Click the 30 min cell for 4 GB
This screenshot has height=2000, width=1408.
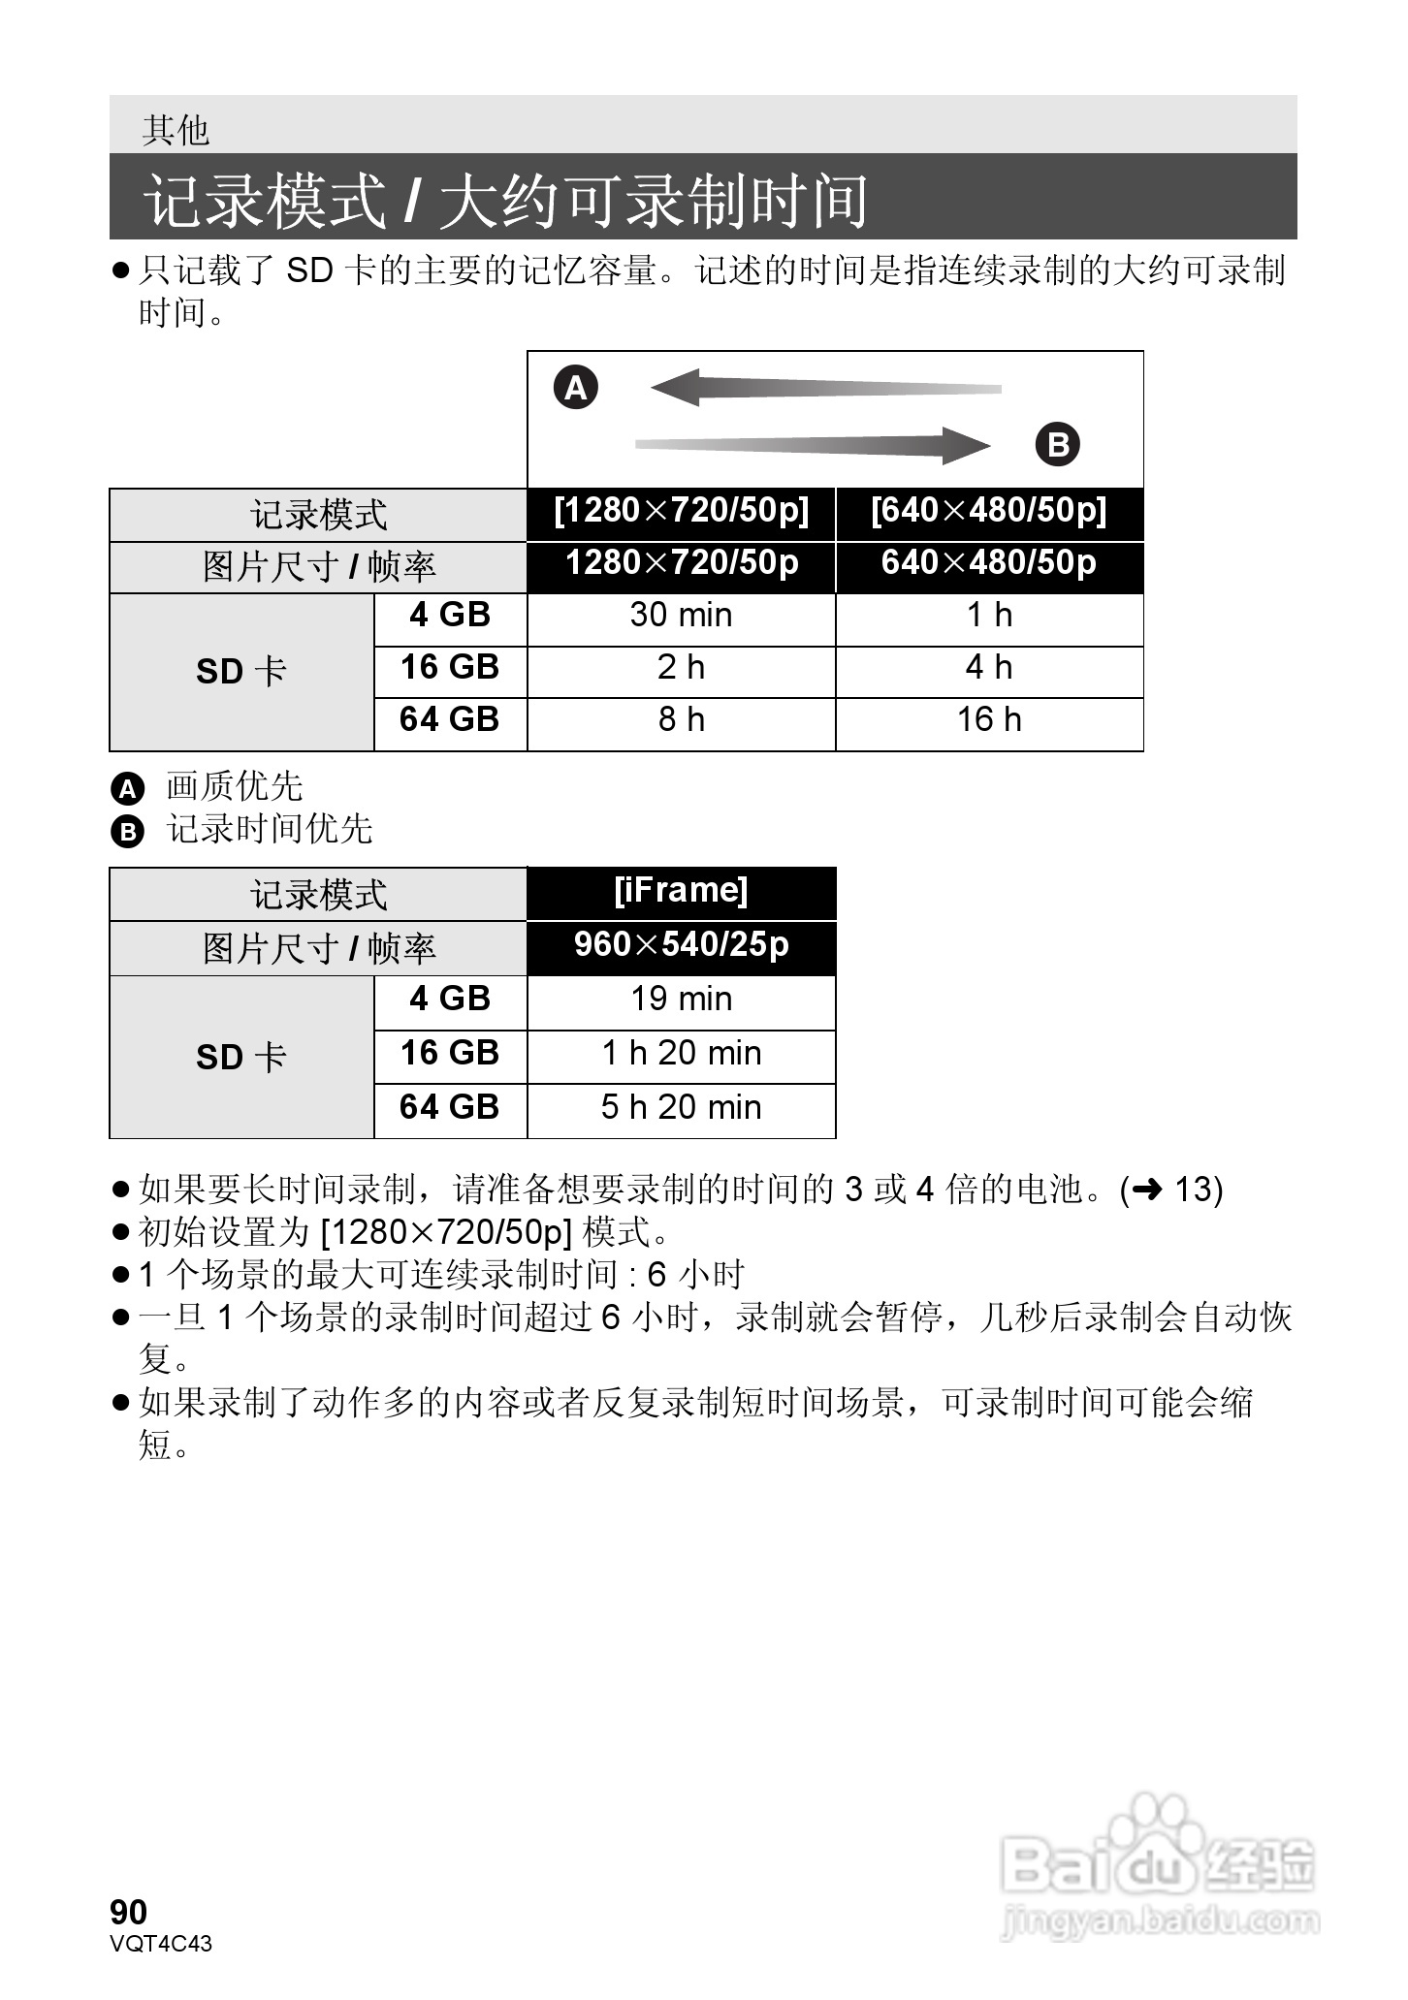pos(681,616)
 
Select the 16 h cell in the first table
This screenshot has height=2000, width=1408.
pos(989,720)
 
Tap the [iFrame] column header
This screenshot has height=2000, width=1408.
pos(681,891)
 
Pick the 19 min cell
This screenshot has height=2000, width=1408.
pos(681,1000)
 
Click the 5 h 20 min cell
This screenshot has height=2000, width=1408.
pos(681,1108)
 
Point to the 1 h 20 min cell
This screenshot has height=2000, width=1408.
pos(681,1054)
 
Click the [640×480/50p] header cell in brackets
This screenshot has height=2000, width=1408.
pos(989,512)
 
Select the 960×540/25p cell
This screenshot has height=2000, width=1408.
pos(681,945)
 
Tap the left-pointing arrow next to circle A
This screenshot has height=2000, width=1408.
pos(824,388)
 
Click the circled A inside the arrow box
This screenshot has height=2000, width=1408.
pos(576,388)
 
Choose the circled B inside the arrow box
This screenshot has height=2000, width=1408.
pos(1057,445)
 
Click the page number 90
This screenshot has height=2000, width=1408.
pos(129,1913)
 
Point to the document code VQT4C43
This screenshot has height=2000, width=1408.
pos(161,1944)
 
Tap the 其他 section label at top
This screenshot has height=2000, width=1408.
pos(176,130)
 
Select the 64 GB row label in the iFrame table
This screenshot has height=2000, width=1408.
pos(450,1108)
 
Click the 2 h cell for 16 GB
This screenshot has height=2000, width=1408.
pos(681,668)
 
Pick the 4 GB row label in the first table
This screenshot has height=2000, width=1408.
pos(450,616)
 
